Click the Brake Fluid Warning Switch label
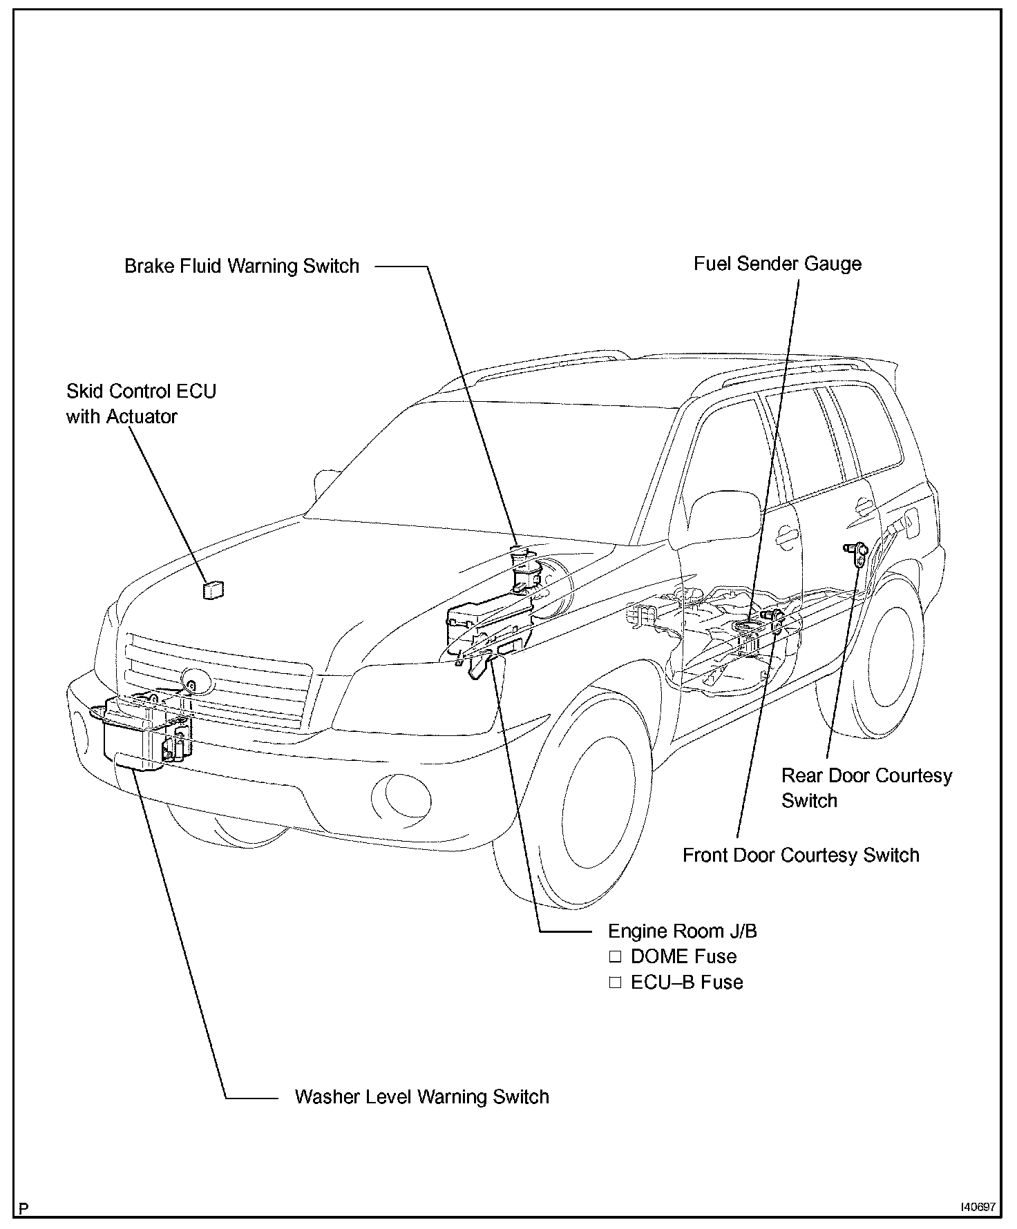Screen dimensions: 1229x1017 click(x=242, y=267)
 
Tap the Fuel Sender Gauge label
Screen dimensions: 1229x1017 click(x=777, y=264)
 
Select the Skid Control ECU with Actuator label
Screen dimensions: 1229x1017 click(x=141, y=404)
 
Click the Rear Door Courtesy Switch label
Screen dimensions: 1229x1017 click(x=866, y=788)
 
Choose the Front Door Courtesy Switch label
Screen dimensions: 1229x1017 click(x=801, y=855)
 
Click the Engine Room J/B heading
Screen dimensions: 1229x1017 click(x=682, y=931)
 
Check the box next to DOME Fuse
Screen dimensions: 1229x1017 click(x=615, y=957)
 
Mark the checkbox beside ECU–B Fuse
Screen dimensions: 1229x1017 click(x=615, y=983)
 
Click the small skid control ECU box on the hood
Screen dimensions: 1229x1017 click(x=213, y=590)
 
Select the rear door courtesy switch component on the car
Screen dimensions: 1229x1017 click(x=855, y=552)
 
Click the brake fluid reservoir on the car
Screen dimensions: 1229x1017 click(x=523, y=570)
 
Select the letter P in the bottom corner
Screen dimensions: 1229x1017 click(x=24, y=1208)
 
